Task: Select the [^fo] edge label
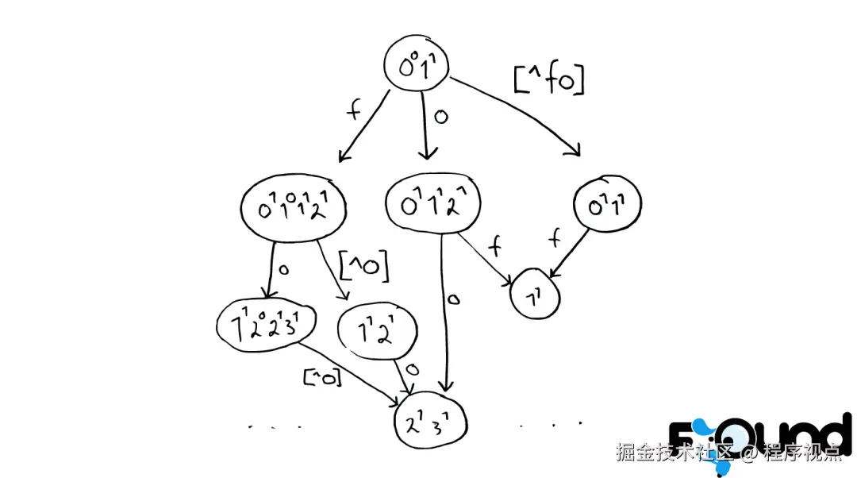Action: pos(548,79)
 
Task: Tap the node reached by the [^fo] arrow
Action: pos(607,205)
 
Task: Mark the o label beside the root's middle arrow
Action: pos(441,117)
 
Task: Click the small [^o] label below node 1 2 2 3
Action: pos(322,378)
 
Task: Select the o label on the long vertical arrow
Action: pos(452,300)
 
